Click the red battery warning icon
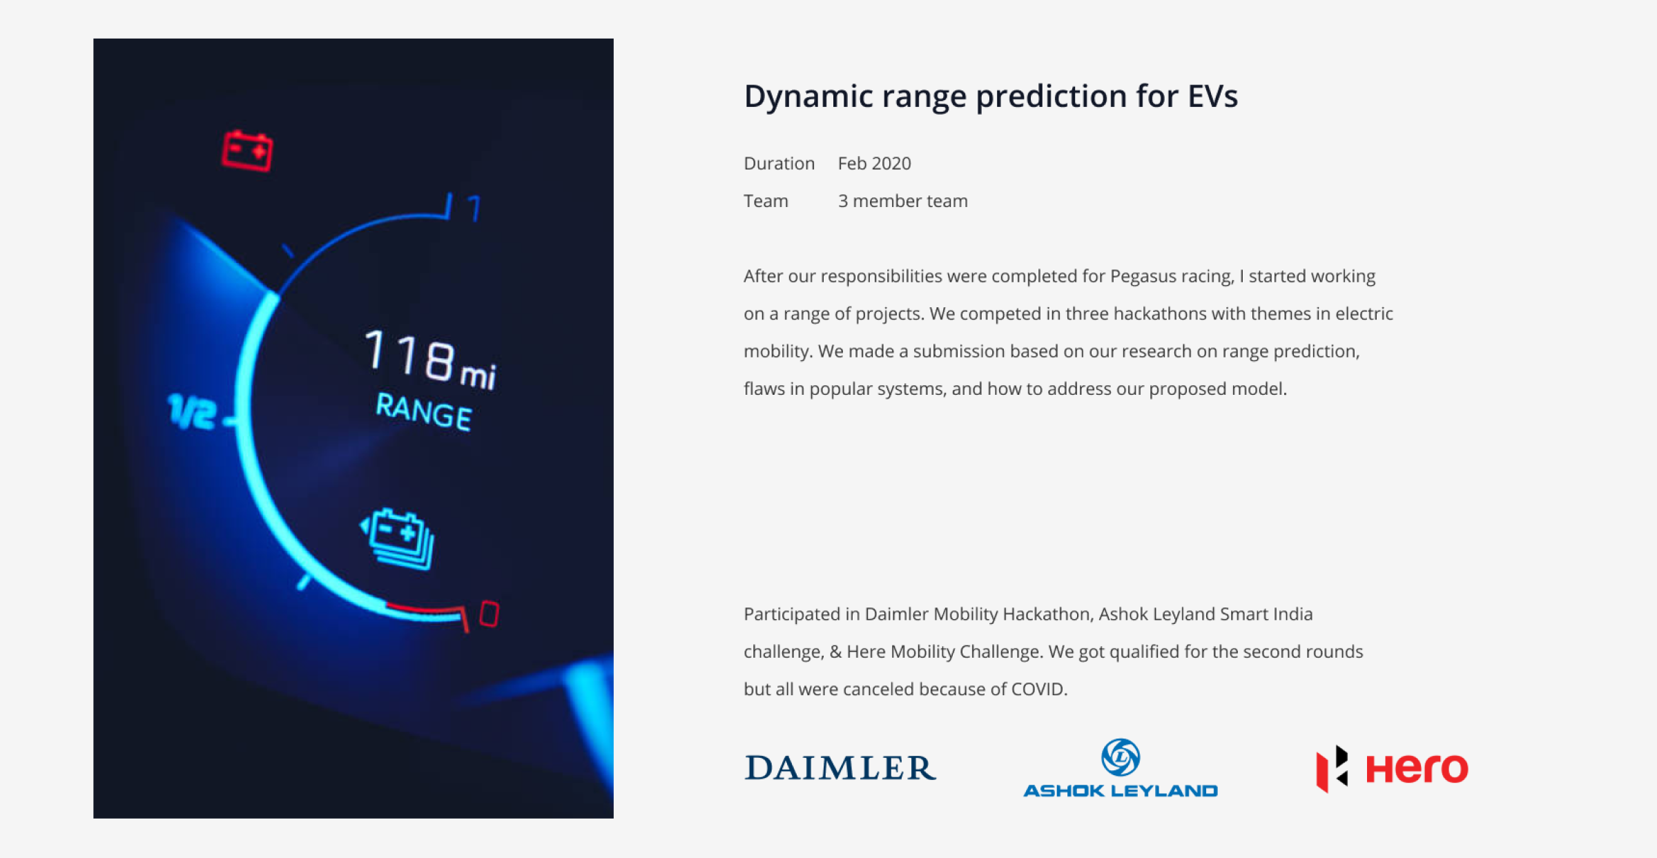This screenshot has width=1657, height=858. click(247, 150)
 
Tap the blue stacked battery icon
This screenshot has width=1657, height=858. click(398, 539)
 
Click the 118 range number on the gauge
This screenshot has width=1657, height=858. click(410, 355)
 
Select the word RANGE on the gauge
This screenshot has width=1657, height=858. click(424, 411)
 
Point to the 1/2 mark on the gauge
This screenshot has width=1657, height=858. click(192, 412)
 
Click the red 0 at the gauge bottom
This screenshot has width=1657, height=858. click(490, 614)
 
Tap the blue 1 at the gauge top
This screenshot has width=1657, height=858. click(474, 208)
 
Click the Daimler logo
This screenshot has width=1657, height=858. click(840, 768)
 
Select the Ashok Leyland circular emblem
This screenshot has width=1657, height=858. click(1121, 757)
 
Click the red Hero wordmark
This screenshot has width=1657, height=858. click(1417, 768)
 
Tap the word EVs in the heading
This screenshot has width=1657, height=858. click(1212, 96)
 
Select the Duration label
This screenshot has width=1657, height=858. click(779, 164)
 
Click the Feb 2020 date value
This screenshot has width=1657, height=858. click(874, 164)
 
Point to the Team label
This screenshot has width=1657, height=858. click(766, 201)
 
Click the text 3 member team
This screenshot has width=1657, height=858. click(902, 201)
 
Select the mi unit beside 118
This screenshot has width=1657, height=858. click(478, 376)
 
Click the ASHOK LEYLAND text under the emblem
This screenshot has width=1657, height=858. click(1121, 790)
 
